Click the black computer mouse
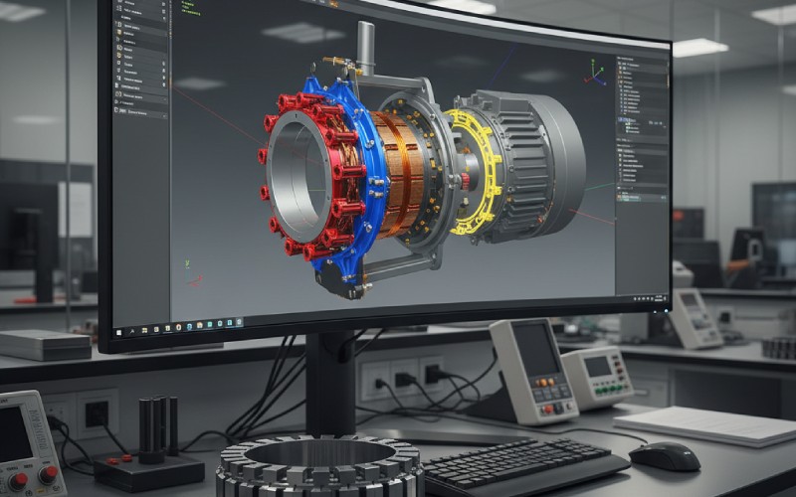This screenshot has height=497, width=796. (665, 455)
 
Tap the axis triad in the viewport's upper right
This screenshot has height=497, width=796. (595, 73)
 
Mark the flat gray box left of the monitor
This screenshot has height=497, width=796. (45, 344)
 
